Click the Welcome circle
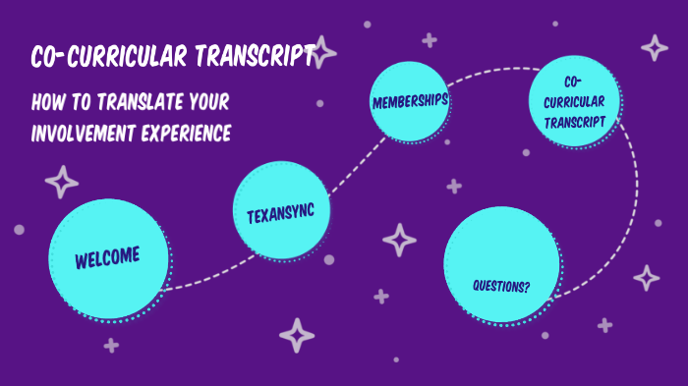(107, 258)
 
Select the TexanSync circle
(281, 211)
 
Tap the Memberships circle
(410, 102)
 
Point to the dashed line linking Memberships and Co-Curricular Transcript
(491, 70)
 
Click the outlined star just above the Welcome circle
(62, 182)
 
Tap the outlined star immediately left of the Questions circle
(399, 240)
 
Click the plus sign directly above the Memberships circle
(429, 40)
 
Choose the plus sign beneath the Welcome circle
(111, 345)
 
